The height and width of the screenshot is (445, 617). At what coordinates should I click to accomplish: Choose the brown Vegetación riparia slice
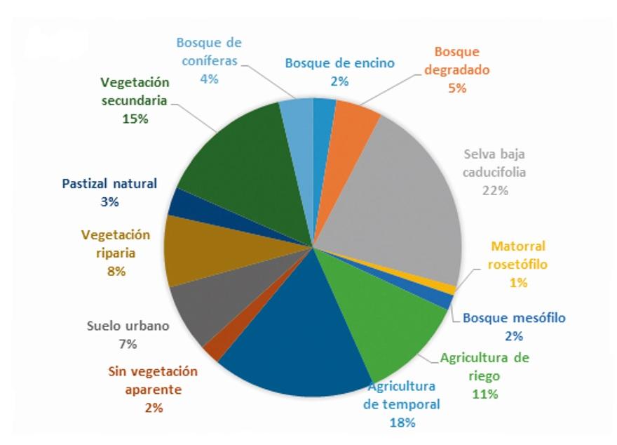click(x=200, y=249)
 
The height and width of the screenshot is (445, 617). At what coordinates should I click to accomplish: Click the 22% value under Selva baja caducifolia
click(x=495, y=190)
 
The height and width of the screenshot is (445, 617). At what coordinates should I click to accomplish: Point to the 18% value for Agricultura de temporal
click(x=402, y=422)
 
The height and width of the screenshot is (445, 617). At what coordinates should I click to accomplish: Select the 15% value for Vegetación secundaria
click(x=135, y=119)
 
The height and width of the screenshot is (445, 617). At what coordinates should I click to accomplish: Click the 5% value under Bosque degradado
click(x=457, y=88)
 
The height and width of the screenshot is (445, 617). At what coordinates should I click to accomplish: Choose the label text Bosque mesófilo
click(x=514, y=318)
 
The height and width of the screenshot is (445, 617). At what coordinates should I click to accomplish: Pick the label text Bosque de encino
click(x=339, y=63)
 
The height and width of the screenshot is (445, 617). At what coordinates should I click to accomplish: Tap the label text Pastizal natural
click(x=109, y=184)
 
